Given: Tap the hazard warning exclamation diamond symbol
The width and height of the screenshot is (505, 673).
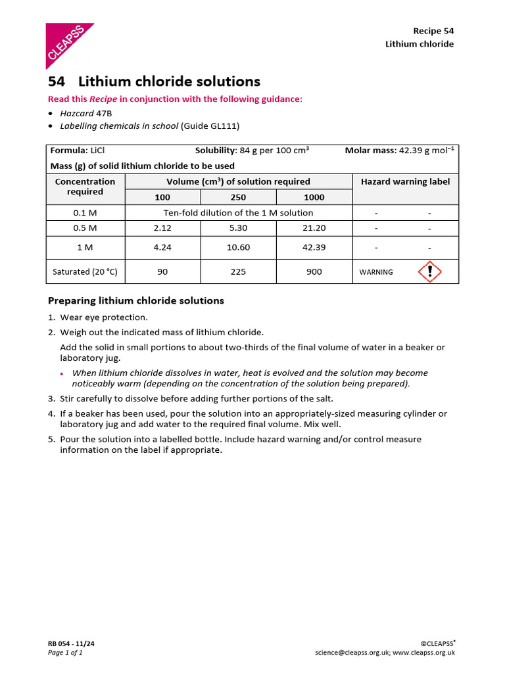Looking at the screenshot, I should (429, 271).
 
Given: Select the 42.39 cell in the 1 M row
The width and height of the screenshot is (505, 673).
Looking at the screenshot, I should (314, 248).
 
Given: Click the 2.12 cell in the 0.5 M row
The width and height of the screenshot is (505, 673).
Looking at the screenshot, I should (162, 228).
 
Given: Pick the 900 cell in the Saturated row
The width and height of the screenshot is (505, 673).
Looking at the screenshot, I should (314, 271).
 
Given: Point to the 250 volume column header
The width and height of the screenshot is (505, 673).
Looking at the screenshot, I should (238, 197).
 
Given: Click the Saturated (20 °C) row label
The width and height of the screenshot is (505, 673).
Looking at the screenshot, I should (85, 271).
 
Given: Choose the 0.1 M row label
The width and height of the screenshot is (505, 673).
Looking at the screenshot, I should (85, 213).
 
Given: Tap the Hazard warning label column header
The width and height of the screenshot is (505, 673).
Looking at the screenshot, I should (406, 181).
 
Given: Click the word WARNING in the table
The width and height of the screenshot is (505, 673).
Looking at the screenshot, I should (376, 272).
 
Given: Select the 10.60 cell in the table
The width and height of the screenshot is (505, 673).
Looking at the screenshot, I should (238, 248).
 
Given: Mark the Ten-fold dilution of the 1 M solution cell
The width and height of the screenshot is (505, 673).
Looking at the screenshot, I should (238, 213).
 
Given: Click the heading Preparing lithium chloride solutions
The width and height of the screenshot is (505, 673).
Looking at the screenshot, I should (136, 300).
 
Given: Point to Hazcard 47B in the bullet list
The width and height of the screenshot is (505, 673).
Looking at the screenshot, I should (86, 113).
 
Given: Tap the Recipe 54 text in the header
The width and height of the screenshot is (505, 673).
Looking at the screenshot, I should (433, 31).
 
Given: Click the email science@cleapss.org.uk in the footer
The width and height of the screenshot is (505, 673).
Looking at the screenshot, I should (352, 653).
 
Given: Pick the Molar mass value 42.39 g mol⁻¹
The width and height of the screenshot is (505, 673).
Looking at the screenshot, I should (426, 151).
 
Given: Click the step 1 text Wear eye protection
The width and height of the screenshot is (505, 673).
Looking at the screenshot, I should (104, 317).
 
